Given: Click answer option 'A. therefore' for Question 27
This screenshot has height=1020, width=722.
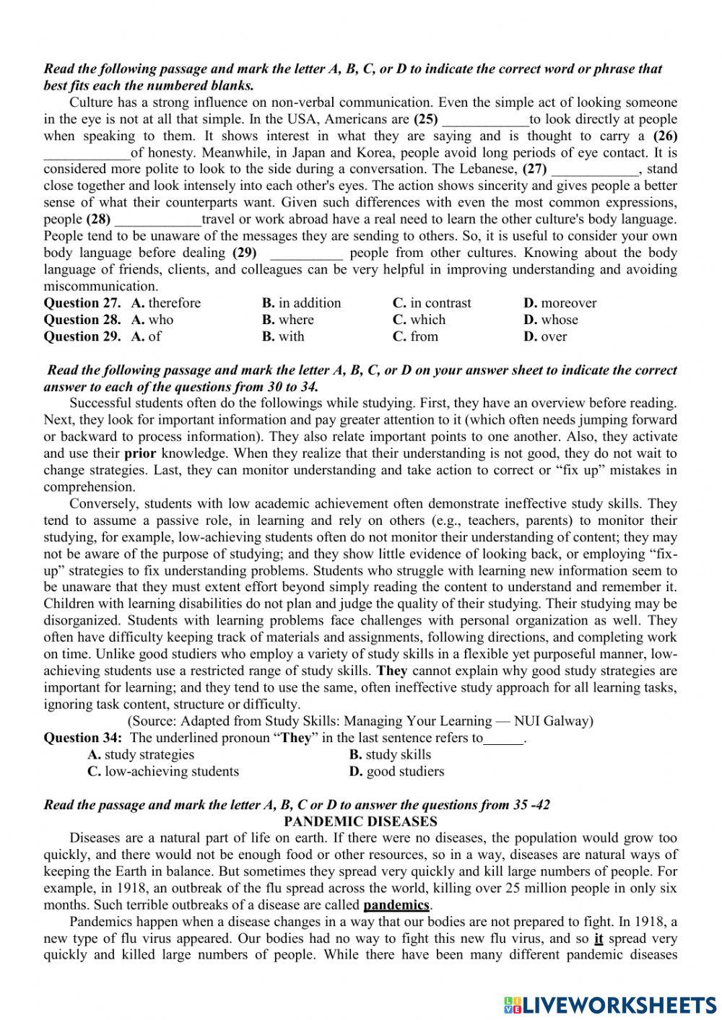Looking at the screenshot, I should pos(166,303).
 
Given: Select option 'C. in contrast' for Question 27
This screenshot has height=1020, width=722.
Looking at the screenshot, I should pos(432,303).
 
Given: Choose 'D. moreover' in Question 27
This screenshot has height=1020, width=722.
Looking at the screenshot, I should pos(560,303).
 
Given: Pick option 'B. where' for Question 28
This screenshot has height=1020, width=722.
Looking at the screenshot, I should pos(288,320).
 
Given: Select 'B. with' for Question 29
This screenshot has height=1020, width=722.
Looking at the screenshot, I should pos(283,336).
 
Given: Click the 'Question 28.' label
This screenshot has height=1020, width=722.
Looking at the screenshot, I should pos(82,320).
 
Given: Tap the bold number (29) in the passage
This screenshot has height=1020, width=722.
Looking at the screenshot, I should pos(245,253).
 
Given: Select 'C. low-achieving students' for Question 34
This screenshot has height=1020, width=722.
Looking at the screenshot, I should pos(163,771).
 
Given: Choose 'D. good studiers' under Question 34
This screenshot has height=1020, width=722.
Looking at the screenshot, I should pos(396,771).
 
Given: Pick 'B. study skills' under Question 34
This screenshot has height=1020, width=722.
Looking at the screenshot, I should pos(390,754).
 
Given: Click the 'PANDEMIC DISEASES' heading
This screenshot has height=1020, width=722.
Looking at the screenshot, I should pos(360,821).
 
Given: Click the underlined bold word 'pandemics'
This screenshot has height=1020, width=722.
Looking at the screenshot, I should pos(396,905).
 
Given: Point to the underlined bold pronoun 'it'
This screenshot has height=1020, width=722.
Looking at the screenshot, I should pos(599,938).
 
